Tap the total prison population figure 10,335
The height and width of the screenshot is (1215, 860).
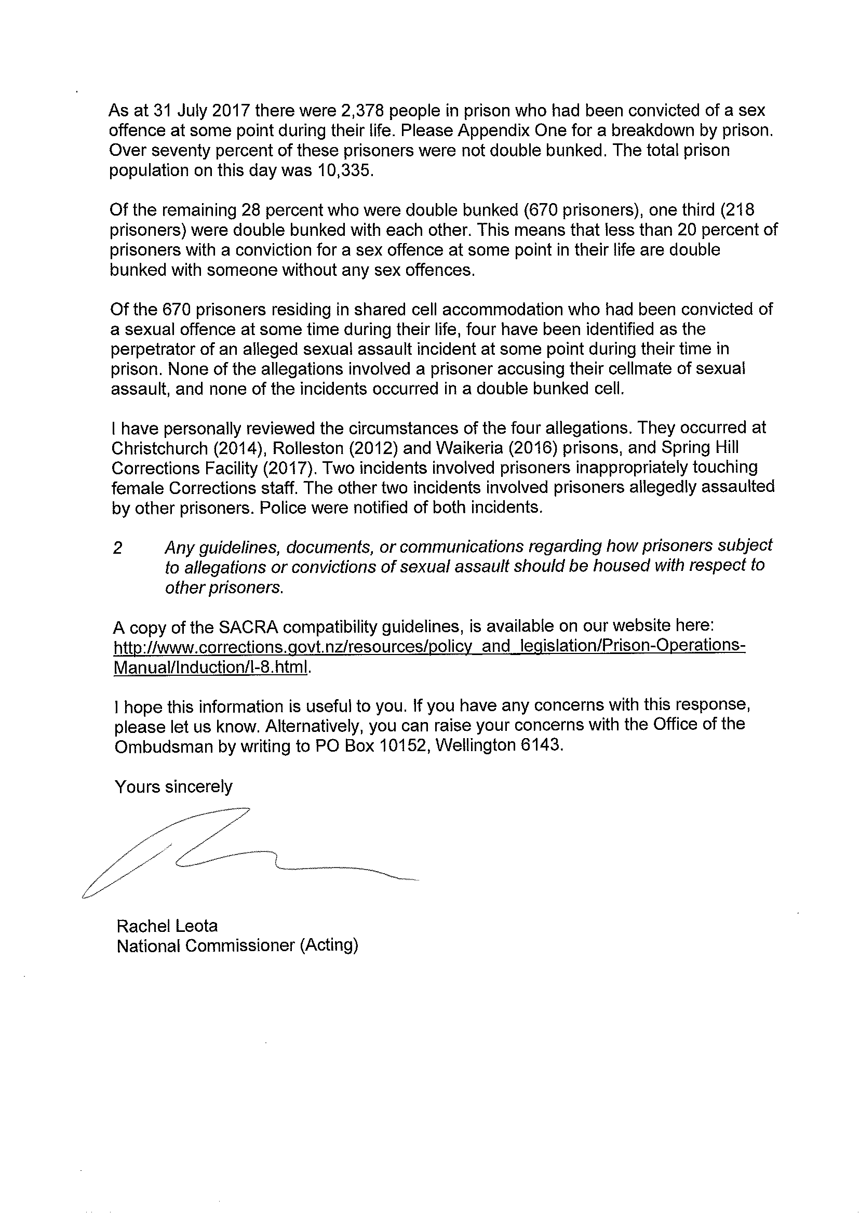pyautogui.click(x=345, y=171)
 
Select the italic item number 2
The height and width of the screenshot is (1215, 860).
pyautogui.click(x=117, y=548)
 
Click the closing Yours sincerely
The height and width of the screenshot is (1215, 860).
pyautogui.click(x=173, y=787)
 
